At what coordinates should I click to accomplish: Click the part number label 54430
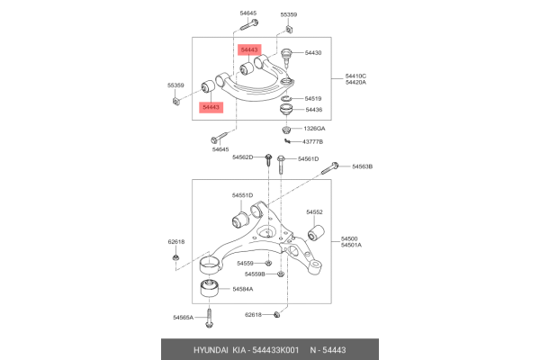pyautogui.click(x=313, y=53)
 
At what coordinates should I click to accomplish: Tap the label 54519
pyautogui.click(x=313, y=98)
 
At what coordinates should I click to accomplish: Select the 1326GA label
pyautogui.click(x=314, y=129)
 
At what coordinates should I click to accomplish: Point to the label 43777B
pyautogui.click(x=312, y=141)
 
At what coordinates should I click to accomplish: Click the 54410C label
pyautogui.click(x=355, y=76)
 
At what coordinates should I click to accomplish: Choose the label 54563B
pyautogui.click(x=362, y=166)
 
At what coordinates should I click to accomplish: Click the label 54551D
pyautogui.click(x=242, y=195)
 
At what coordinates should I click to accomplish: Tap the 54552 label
pyautogui.click(x=314, y=211)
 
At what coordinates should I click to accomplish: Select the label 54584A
pyautogui.click(x=243, y=289)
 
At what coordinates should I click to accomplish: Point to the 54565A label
pyautogui.click(x=184, y=318)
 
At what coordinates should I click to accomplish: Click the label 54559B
pyautogui.click(x=255, y=274)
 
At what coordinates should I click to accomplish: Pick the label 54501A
pyautogui.click(x=351, y=245)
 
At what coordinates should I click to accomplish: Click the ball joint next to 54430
pyautogui.click(x=286, y=58)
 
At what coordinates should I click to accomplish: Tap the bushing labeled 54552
pyautogui.click(x=316, y=233)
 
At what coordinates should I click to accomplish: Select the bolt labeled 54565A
pyautogui.click(x=209, y=317)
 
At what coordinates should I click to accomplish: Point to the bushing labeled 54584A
pyautogui.click(x=210, y=288)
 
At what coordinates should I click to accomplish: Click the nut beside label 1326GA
pyautogui.click(x=286, y=130)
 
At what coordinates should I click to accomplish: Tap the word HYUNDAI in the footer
pyautogui.click(x=211, y=350)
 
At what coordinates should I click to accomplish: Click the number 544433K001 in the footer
pyautogui.click(x=275, y=350)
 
